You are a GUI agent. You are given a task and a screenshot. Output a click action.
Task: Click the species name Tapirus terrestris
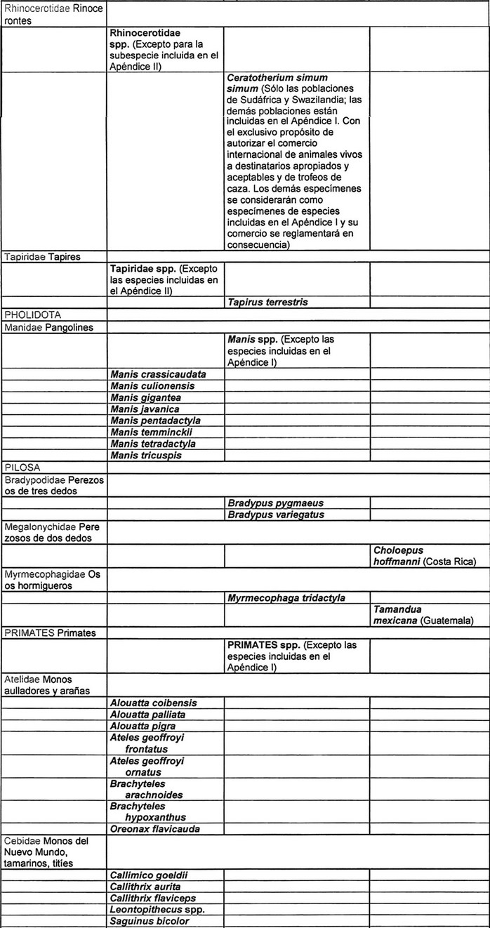[267, 302]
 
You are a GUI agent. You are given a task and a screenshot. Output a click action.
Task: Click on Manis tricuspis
[145, 456]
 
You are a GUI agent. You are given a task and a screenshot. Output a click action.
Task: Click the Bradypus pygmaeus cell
[275, 503]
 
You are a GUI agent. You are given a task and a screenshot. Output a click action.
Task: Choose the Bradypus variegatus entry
[275, 515]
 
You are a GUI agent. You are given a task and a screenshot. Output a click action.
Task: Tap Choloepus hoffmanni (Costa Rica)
[425, 556]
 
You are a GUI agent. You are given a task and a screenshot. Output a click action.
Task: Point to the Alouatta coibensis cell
[153, 703]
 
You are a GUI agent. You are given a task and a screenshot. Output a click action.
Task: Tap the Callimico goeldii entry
[148, 875]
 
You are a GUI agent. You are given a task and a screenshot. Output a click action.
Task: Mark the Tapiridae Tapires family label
[42, 257]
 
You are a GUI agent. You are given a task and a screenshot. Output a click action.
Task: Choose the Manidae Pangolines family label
[48, 327]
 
